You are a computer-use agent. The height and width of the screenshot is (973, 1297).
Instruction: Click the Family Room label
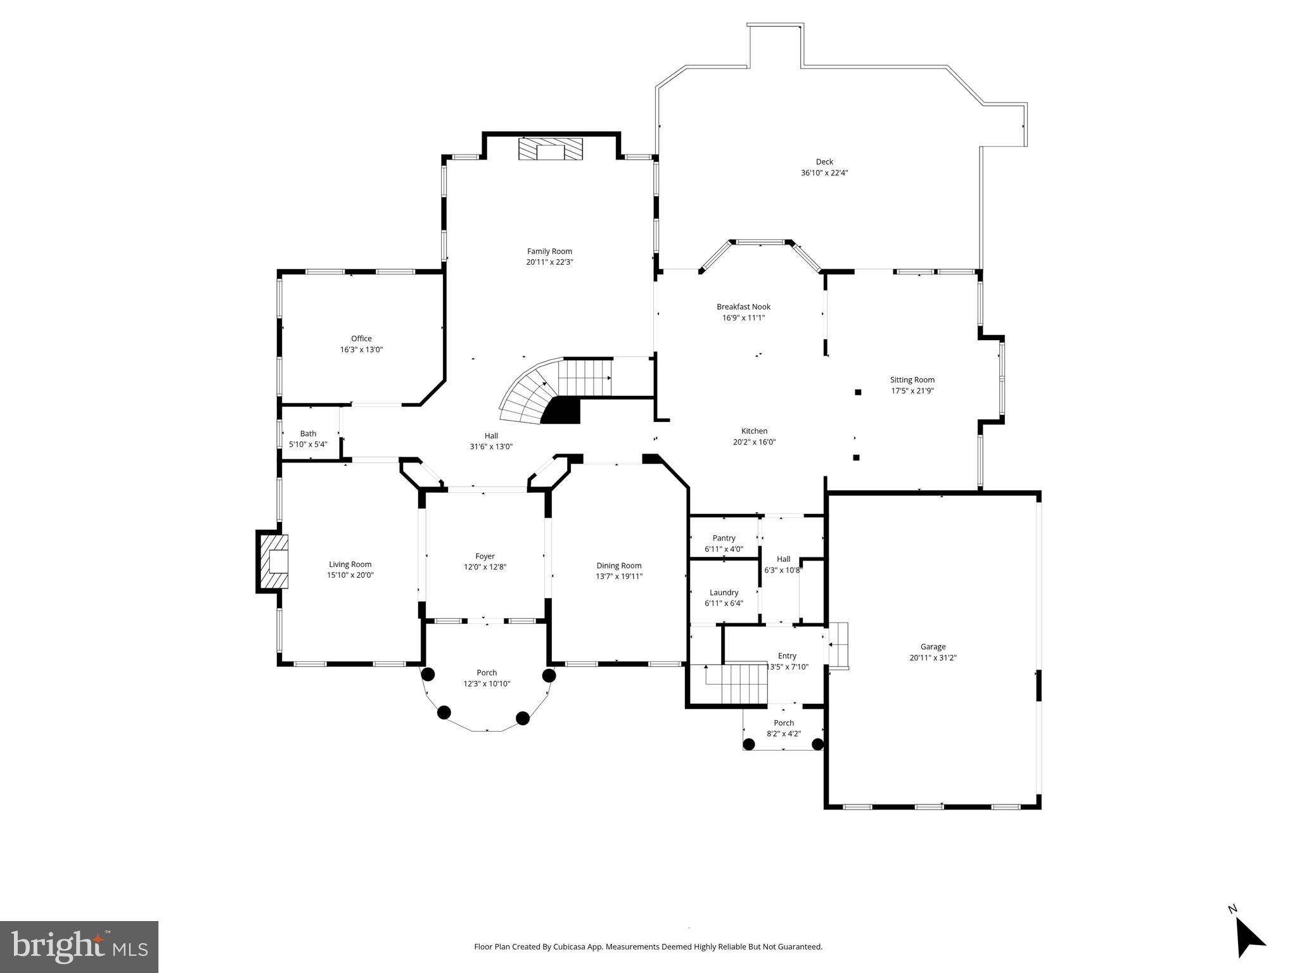pos(549,251)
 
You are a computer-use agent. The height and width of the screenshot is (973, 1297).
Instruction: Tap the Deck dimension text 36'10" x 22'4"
pos(824,173)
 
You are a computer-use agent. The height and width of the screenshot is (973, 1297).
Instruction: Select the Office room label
pos(361,339)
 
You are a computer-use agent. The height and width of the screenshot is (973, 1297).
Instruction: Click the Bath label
pos(308,434)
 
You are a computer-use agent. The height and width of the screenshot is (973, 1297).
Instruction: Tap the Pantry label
pos(724,538)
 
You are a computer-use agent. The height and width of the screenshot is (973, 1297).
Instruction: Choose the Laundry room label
pos(724,593)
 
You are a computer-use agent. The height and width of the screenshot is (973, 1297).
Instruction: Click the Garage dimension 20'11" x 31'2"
pos(933,658)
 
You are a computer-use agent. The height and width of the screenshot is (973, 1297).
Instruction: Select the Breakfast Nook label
pos(743,307)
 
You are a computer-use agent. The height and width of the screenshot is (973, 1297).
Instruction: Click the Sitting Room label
pos(912,380)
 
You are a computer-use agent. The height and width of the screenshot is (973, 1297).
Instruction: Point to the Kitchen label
pos(754,431)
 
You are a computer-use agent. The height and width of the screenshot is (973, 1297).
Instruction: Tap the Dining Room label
pos(618,566)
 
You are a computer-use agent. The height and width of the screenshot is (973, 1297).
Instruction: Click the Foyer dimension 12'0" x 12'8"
pos(485,568)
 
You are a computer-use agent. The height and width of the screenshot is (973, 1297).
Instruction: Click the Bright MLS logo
pos(79,946)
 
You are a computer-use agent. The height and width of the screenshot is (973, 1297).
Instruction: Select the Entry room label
pos(787,656)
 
